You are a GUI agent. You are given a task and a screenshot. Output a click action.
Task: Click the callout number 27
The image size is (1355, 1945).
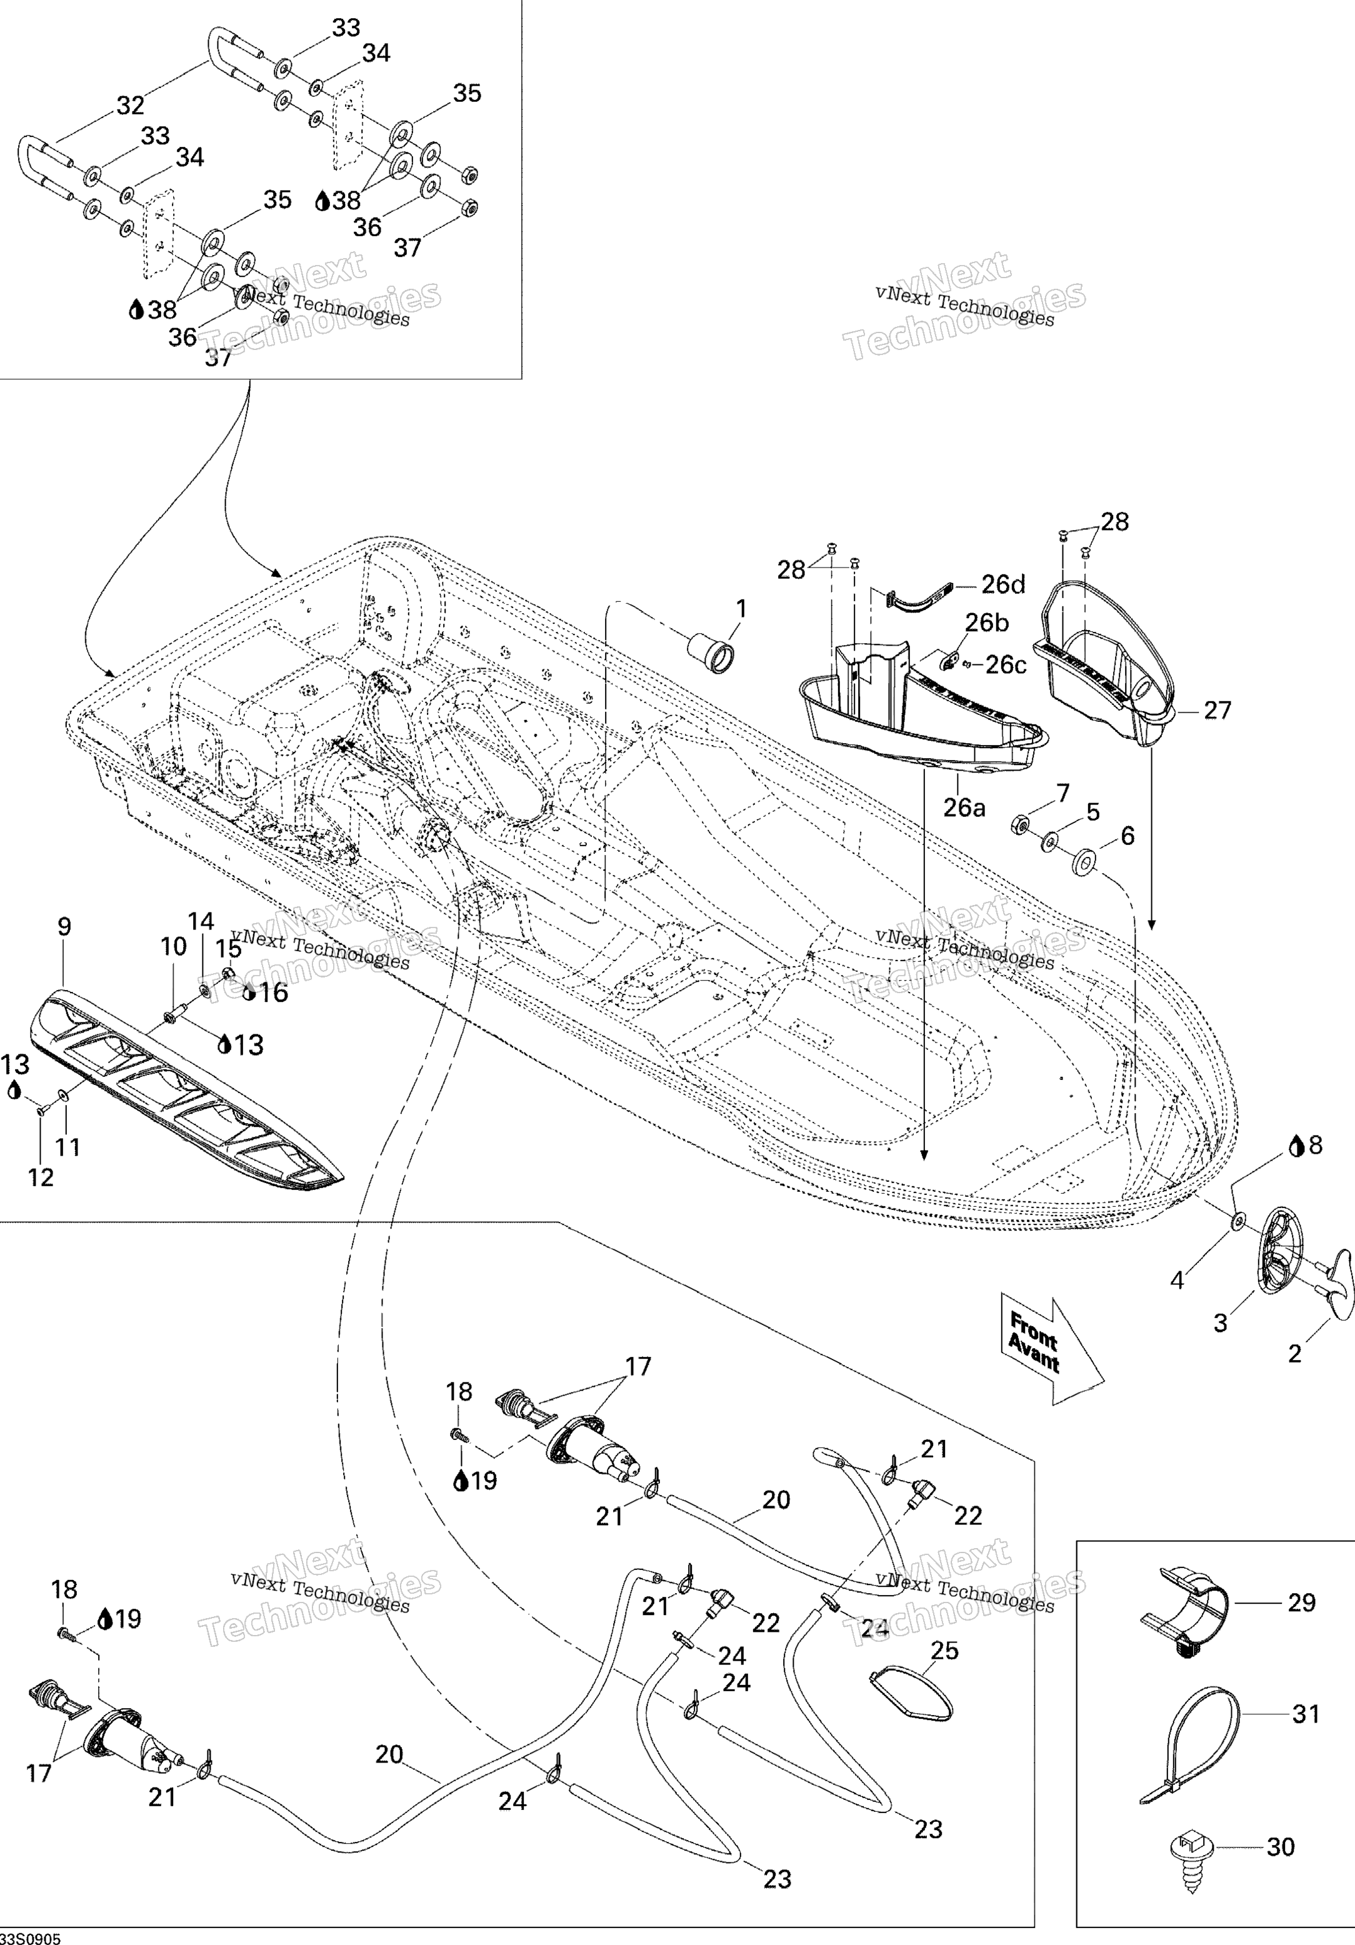coord(1217,710)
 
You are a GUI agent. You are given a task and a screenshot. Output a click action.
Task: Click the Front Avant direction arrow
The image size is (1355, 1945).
coord(1052,1361)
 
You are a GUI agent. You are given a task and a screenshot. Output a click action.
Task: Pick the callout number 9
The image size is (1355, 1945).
coord(64,927)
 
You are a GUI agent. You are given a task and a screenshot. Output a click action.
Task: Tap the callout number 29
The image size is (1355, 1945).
coord(1302,1602)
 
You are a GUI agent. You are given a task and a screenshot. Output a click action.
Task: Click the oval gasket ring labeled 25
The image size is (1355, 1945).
coord(911,1694)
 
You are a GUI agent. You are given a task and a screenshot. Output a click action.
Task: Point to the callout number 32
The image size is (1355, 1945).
coord(131,105)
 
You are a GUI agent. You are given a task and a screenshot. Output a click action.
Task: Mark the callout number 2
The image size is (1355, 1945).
coord(1294,1354)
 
